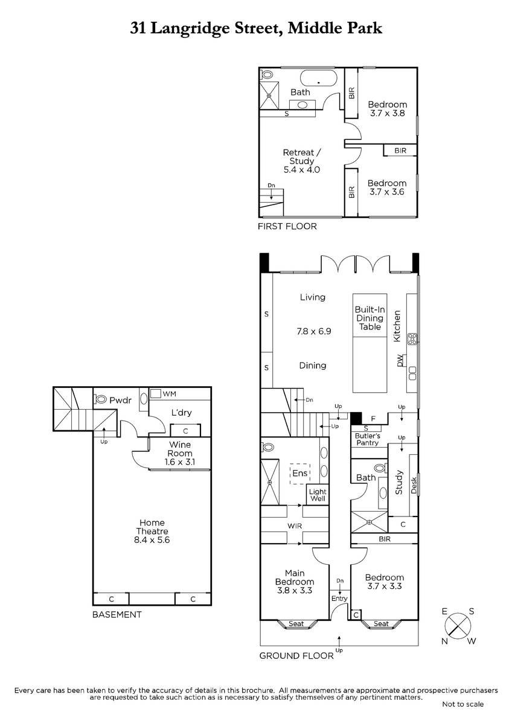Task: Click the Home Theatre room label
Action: (x=152, y=531)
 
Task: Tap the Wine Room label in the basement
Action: (x=180, y=453)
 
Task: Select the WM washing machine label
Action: (x=170, y=393)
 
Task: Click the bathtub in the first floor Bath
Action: (x=319, y=78)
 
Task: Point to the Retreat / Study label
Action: (x=302, y=161)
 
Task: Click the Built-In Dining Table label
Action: (x=370, y=318)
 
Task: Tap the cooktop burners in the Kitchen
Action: (x=412, y=338)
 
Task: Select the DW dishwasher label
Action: (x=400, y=360)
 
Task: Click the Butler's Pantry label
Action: (x=368, y=439)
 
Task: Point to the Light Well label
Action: (x=318, y=495)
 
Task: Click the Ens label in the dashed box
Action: (x=300, y=473)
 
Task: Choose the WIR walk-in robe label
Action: (x=295, y=526)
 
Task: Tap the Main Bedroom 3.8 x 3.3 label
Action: (x=295, y=582)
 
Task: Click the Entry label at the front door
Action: (x=339, y=599)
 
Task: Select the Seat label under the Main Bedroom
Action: (x=296, y=623)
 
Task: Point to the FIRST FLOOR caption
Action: (x=287, y=226)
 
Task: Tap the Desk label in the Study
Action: (x=414, y=486)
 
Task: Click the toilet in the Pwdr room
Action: (x=100, y=399)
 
